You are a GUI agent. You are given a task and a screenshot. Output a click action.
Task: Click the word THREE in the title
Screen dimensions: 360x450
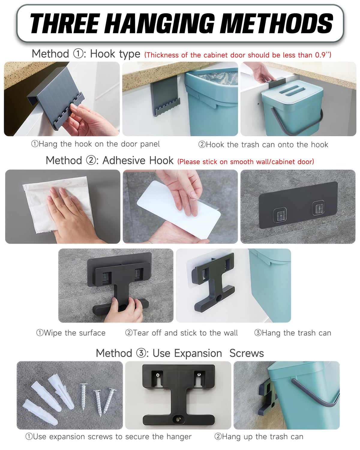tap(64, 23)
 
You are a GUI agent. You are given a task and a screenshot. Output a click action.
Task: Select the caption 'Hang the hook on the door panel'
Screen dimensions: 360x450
tap(95, 144)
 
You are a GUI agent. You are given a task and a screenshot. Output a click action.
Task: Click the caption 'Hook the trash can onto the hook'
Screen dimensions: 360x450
tap(263, 145)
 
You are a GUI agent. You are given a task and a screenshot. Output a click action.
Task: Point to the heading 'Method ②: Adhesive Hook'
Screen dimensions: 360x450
tap(109, 160)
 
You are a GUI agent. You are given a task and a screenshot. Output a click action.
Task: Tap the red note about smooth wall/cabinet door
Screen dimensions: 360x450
tap(246, 162)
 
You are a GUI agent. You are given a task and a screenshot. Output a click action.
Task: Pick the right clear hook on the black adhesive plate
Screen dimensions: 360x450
tap(318, 208)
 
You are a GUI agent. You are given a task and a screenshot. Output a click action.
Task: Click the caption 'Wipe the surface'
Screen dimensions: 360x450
tap(71, 333)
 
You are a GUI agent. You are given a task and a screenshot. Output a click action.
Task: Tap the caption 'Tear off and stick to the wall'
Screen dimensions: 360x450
tap(181, 333)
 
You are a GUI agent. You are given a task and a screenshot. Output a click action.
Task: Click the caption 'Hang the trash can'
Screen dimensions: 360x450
tap(292, 333)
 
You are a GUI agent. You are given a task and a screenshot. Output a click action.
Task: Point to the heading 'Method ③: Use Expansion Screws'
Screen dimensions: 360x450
tap(180, 353)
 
